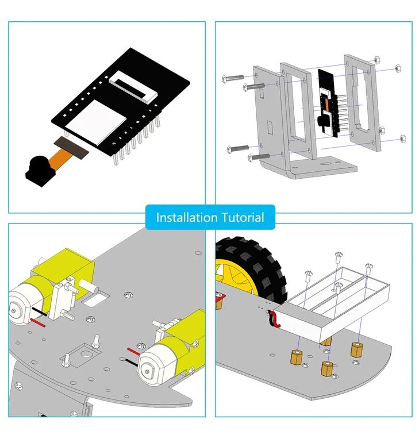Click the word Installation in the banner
pyautogui.click(x=187, y=217)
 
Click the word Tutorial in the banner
pyautogui.click(x=243, y=217)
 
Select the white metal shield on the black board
pyautogui.click(x=95, y=122)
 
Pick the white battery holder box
pyautogui.click(x=332, y=305)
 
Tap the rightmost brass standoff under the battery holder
pyautogui.click(x=356, y=350)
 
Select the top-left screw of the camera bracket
pyautogui.click(x=233, y=78)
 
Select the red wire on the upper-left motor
pyautogui.click(x=38, y=323)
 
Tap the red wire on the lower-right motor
pyautogui.click(x=134, y=351)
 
